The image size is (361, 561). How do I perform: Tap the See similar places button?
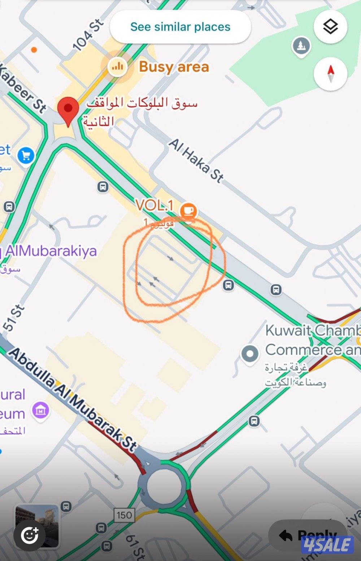click(180, 27)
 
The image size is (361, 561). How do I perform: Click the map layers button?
click(330, 27)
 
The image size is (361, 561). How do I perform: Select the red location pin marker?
click(68, 110)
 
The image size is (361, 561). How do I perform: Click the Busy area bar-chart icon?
click(117, 66)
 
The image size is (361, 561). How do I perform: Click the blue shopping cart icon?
click(26, 156)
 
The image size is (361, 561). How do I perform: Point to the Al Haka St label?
click(196, 160)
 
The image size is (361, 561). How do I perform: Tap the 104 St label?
click(88, 35)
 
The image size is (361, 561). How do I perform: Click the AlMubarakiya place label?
click(51, 251)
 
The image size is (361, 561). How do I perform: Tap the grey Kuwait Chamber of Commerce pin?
click(250, 354)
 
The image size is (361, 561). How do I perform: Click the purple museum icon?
click(41, 410)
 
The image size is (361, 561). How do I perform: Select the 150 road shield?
click(124, 515)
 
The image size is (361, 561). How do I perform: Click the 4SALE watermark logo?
click(327, 544)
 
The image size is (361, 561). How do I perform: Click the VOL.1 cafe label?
click(155, 206)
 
